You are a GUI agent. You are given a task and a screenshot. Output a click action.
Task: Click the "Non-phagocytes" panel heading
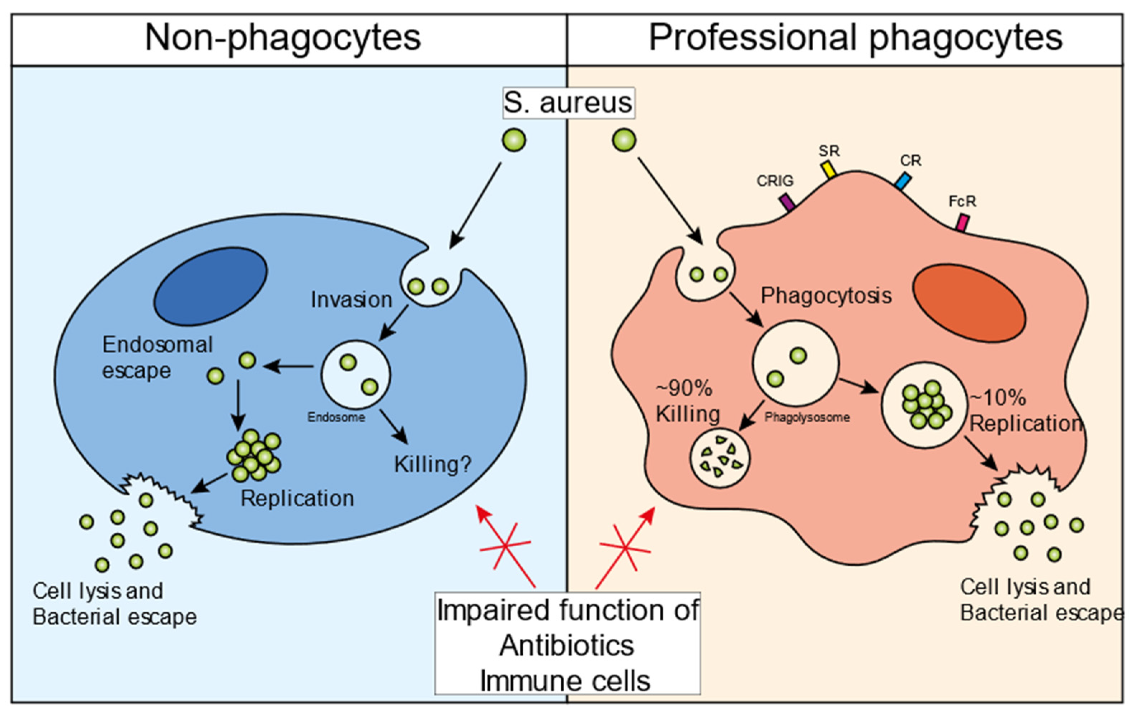click(x=283, y=38)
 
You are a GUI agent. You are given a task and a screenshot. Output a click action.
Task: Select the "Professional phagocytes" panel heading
click(x=856, y=38)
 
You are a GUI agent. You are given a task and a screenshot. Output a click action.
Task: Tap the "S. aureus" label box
click(x=568, y=103)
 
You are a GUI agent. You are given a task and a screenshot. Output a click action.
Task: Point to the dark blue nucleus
click(x=211, y=286)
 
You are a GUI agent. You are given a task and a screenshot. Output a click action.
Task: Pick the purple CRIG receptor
click(x=787, y=202)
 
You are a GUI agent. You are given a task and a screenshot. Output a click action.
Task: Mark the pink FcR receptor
click(x=962, y=222)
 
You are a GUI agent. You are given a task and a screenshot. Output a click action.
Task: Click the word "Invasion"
click(x=351, y=300)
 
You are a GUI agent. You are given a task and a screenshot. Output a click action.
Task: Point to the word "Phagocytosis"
click(x=826, y=296)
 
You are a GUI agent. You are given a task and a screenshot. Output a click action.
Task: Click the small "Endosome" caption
click(x=336, y=417)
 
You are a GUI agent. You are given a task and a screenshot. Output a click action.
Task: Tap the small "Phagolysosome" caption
click(x=807, y=417)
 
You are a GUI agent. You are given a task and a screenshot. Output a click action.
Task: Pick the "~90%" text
click(x=684, y=389)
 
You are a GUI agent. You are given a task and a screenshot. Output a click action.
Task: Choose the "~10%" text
click(x=998, y=398)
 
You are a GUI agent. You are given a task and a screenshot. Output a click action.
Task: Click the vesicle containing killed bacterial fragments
click(x=720, y=457)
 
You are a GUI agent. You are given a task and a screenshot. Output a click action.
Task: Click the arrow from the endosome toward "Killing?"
click(x=394, y=427)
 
